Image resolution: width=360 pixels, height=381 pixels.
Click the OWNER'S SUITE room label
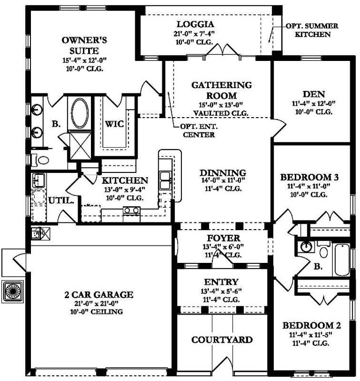click(x=80, y=45)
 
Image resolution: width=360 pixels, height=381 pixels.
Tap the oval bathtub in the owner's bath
click(x=79, y=113)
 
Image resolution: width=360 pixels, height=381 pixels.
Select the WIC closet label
click(x=114, y=124)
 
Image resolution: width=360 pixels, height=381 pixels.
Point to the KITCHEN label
click(x=125, y=180)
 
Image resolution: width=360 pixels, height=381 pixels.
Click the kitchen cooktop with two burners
click(x=131, y=210)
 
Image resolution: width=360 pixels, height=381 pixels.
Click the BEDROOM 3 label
click(x=310, y=177)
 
